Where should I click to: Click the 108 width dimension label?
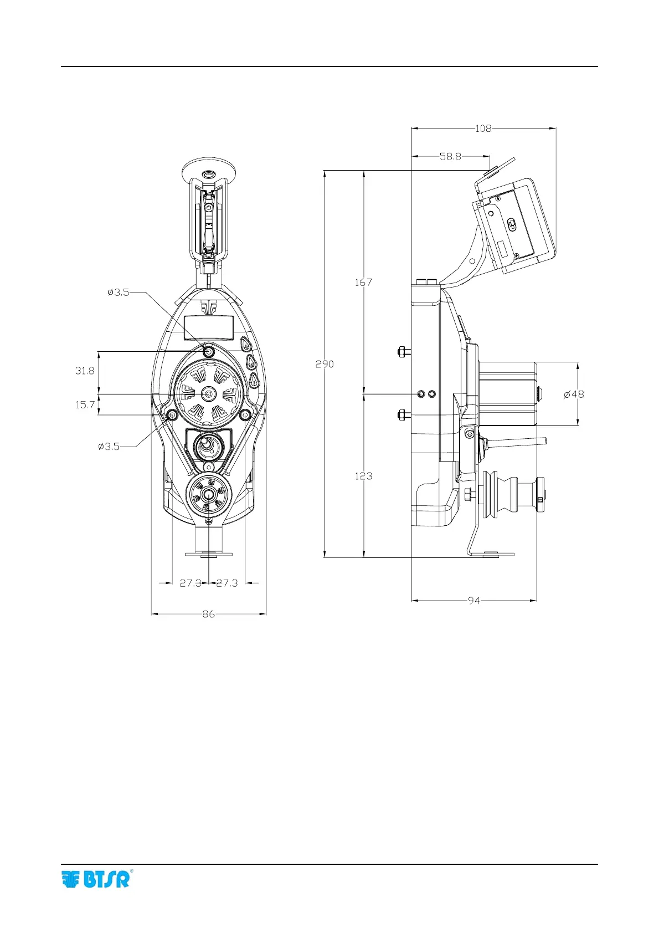click(483, 129)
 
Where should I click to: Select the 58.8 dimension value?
click(450, 157)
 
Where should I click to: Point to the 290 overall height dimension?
click(325, 364)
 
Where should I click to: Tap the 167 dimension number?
click(363, 282)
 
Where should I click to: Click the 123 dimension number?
click(363, 476)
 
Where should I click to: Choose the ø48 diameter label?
click(574, 394)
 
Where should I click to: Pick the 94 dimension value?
click(473, 601)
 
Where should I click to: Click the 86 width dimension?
click(208, 614)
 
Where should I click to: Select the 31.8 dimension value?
click(85, 371)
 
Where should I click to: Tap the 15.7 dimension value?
click(85, 405)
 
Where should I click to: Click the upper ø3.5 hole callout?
click(118, 292)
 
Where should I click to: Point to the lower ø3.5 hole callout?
click(109, 446)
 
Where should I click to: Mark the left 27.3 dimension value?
click(191, 583)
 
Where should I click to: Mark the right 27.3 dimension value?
click(227, 583)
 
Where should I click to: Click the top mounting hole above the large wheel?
click(209, 351)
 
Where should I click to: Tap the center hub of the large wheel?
click(209, 394)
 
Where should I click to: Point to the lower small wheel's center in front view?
click(208, 495)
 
